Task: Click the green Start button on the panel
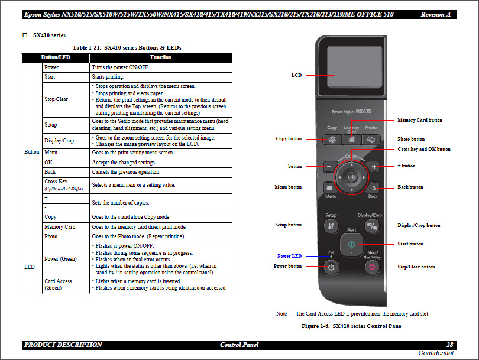[351, 244]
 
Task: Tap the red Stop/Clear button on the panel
[372, 267]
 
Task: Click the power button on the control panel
[331, 267]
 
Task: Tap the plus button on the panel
[373, 167]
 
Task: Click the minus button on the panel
[329, 167]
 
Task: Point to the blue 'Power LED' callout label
[289, 256]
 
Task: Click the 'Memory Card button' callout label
[419, 120]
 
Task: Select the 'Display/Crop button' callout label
[419, 225]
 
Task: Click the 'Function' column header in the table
[160, 57]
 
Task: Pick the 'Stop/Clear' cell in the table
[56, 99]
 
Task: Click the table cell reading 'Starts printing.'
[108, 77]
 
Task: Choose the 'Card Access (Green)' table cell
[58, 284]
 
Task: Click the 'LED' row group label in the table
[29, 267]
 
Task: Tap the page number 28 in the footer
[449, 345]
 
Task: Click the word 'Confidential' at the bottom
[436, 353]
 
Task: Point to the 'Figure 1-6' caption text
[351, 326]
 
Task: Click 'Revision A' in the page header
[435, 14]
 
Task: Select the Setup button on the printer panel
[331, 225]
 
